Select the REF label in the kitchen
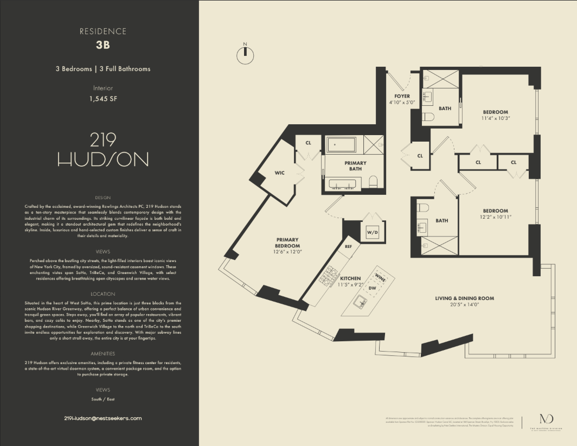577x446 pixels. [349, 246]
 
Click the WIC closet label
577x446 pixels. [280, 173]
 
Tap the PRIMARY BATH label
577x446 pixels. [355, 166]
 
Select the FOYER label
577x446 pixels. [401, 96]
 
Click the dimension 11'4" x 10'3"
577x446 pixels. [496, 118]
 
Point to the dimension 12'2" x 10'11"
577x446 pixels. [496, 217]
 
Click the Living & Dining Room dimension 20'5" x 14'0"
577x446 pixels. [465, 305]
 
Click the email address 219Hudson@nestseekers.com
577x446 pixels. [102, 418]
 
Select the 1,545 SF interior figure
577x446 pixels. [102, 99]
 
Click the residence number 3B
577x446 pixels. [102, 45]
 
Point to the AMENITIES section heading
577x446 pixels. [102, 354]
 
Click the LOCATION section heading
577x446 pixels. [102, 294]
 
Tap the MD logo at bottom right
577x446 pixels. [544, 419]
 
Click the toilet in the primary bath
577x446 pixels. [373, 181]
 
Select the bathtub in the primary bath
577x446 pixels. [341, 145]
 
